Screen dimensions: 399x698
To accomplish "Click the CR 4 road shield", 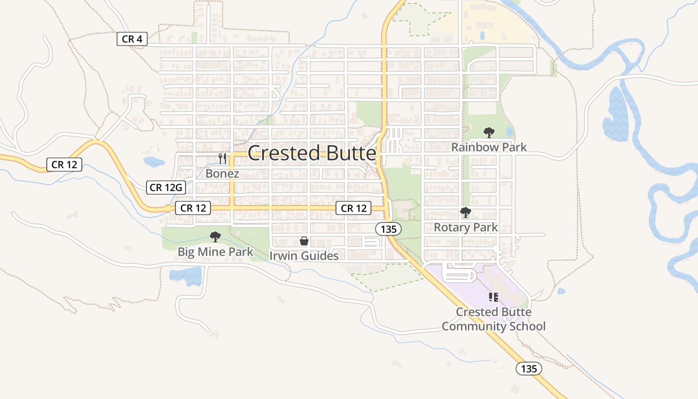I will click(132, 39).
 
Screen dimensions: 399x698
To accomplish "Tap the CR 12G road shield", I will click(167, 188).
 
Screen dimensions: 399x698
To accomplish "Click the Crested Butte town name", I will click(312, 153).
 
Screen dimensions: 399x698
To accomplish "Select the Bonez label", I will click(222, 174).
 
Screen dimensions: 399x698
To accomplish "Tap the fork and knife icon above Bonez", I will click(222, 159).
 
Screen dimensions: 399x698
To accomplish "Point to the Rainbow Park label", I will click(489, 147).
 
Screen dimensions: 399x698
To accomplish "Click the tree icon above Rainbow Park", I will click(489, 133).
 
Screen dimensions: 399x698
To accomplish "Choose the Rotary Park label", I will click(466, 227).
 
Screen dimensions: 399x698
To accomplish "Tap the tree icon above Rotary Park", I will click(466, 213).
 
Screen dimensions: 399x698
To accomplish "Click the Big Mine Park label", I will click(215, 252).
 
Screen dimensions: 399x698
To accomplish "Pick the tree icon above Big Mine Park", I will click(215, 237).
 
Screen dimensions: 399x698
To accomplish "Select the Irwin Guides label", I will click(304, 256).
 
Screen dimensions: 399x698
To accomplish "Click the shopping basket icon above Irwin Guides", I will click(304, 241).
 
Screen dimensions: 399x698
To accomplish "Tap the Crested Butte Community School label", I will click(494, 319).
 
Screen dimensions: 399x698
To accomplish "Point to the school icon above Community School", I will click(494, 297).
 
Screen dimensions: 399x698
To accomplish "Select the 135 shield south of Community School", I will click(528, 369).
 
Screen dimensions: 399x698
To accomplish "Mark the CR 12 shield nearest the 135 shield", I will click(354, 208).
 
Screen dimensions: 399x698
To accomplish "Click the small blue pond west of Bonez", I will click(154, 162).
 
